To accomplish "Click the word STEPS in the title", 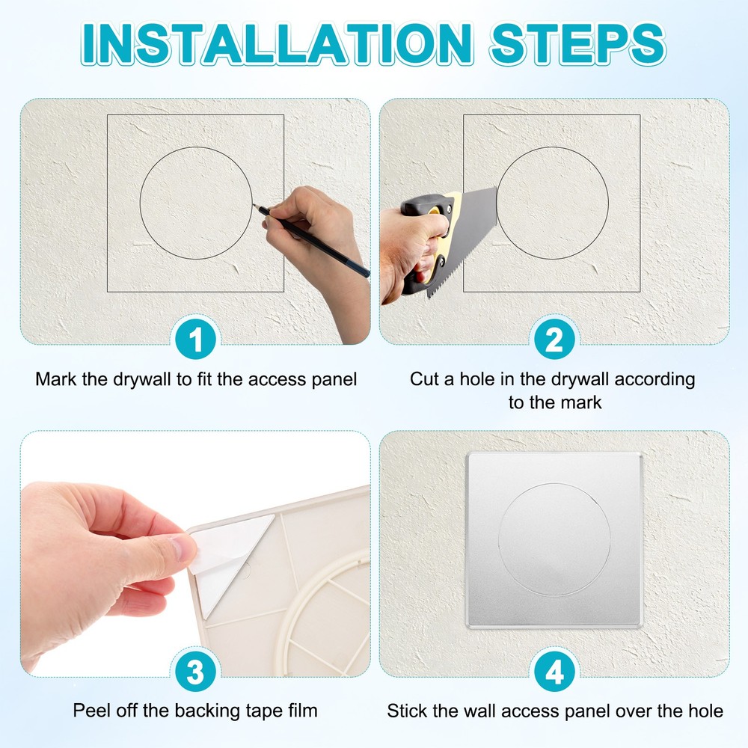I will pos(577,43).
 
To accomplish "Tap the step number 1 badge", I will pos(196,341).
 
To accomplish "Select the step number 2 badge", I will pos(554,341).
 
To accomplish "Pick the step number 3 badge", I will pos(196,672).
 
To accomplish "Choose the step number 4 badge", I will pos(554,672).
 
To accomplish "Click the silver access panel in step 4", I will pos(554,479).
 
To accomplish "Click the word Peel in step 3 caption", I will pos(90,710).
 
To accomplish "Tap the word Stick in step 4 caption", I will pos(408,710).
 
